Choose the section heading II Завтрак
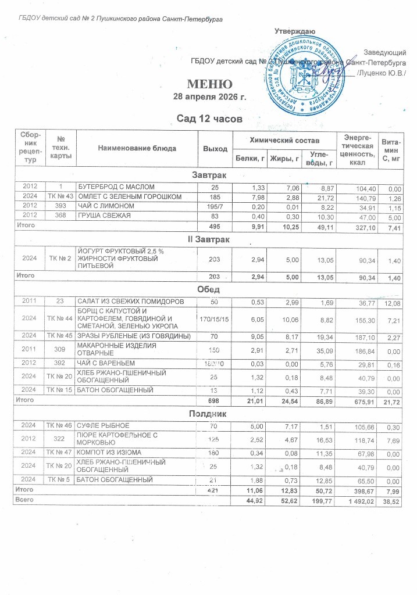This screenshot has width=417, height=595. (x=209, y=239)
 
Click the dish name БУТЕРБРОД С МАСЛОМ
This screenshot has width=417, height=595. (x=117, y=187)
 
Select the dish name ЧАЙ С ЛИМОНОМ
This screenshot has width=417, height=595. (x=105, y=206)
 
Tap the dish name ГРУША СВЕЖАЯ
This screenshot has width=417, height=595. (x=105, y=216)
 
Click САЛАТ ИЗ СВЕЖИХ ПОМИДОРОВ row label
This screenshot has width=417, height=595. (x=131, y=300)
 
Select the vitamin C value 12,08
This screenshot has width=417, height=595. (x=393, y=301)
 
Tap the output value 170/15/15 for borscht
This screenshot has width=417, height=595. (x=215, y=318)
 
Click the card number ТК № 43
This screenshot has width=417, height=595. (x=60, y=196)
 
